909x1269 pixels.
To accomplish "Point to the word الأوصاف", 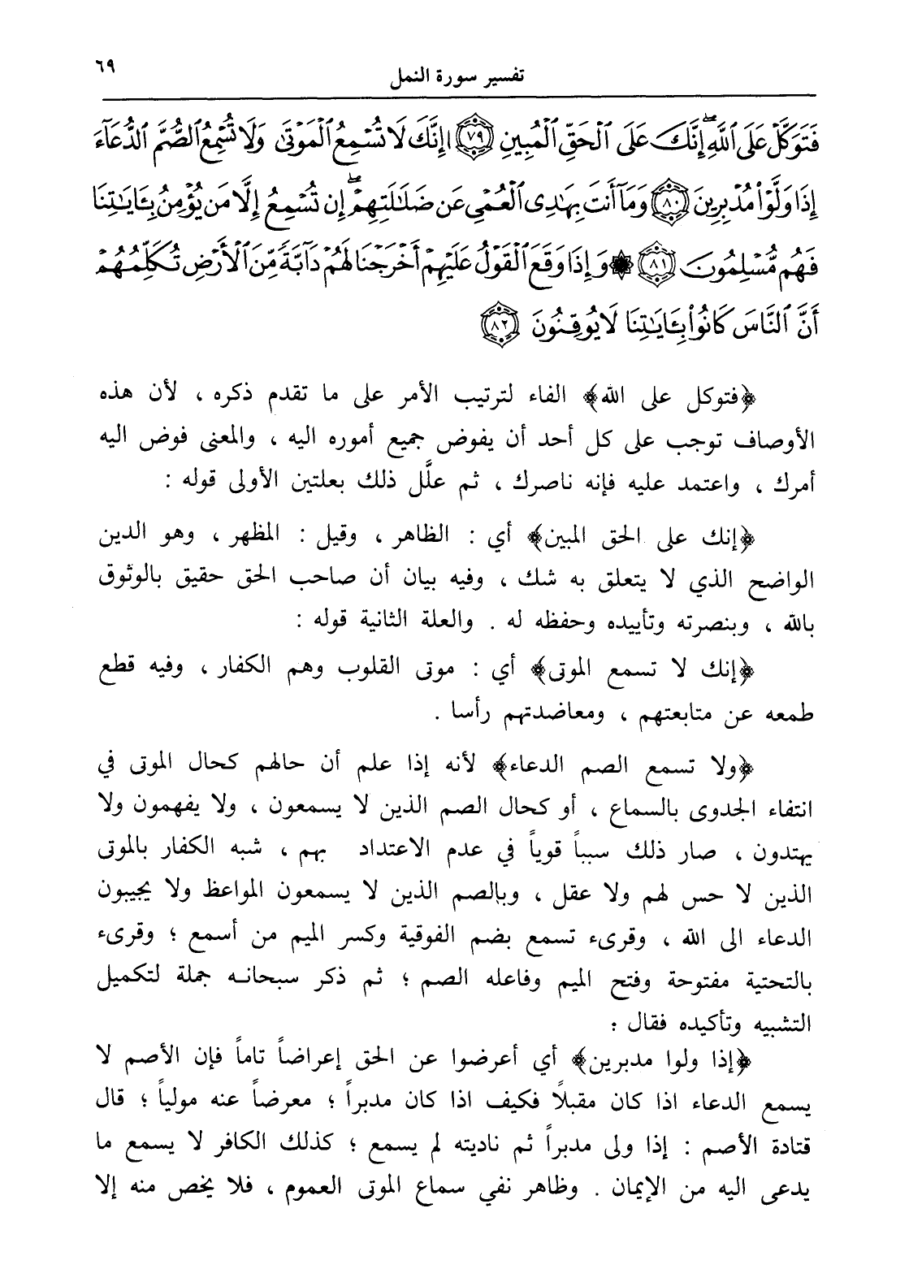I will click(784, 438).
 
